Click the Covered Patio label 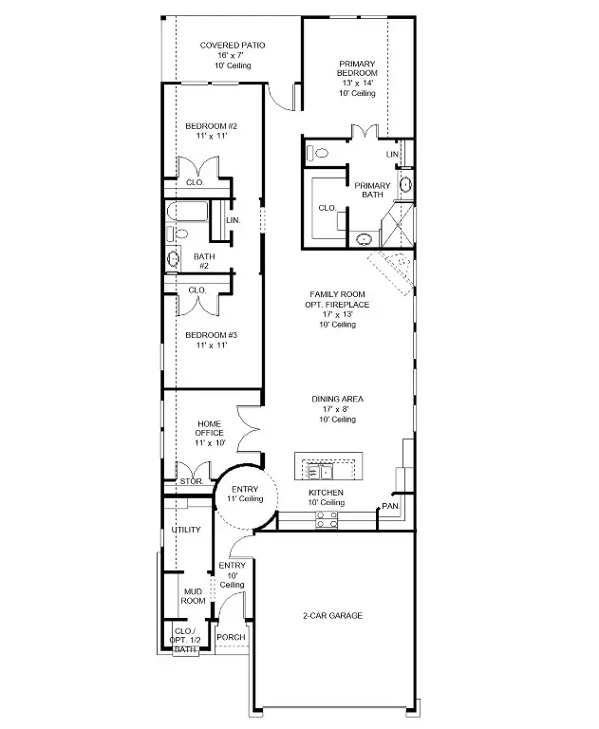232,45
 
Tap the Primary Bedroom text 358,68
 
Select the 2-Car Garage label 332,615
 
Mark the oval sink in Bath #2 174,258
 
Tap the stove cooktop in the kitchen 326,518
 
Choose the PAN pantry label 389,506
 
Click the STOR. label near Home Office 189,481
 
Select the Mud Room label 194,595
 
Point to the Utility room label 186,530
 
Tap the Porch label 231,637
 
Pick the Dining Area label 338,400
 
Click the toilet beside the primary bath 319,152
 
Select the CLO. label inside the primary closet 327,207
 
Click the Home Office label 210,427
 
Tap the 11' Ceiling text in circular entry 244,498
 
